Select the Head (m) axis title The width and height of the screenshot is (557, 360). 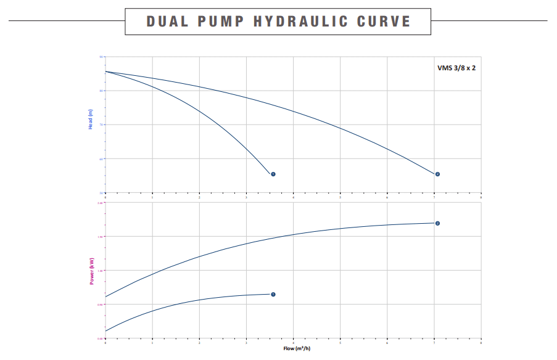91,118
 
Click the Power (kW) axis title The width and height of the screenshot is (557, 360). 91,271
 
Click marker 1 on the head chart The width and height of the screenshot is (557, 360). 273,174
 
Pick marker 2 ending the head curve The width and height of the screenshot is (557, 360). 437,174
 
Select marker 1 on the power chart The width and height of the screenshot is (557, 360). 273,295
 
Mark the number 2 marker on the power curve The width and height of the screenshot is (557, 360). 437,223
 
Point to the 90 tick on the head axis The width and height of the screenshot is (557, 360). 101,57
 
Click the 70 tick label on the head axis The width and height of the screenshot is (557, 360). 101,125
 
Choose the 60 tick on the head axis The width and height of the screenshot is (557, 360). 101,158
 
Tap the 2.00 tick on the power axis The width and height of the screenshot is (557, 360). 101,202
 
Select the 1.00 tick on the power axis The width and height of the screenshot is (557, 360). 101,270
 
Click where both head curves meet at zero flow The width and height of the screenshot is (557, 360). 105,72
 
